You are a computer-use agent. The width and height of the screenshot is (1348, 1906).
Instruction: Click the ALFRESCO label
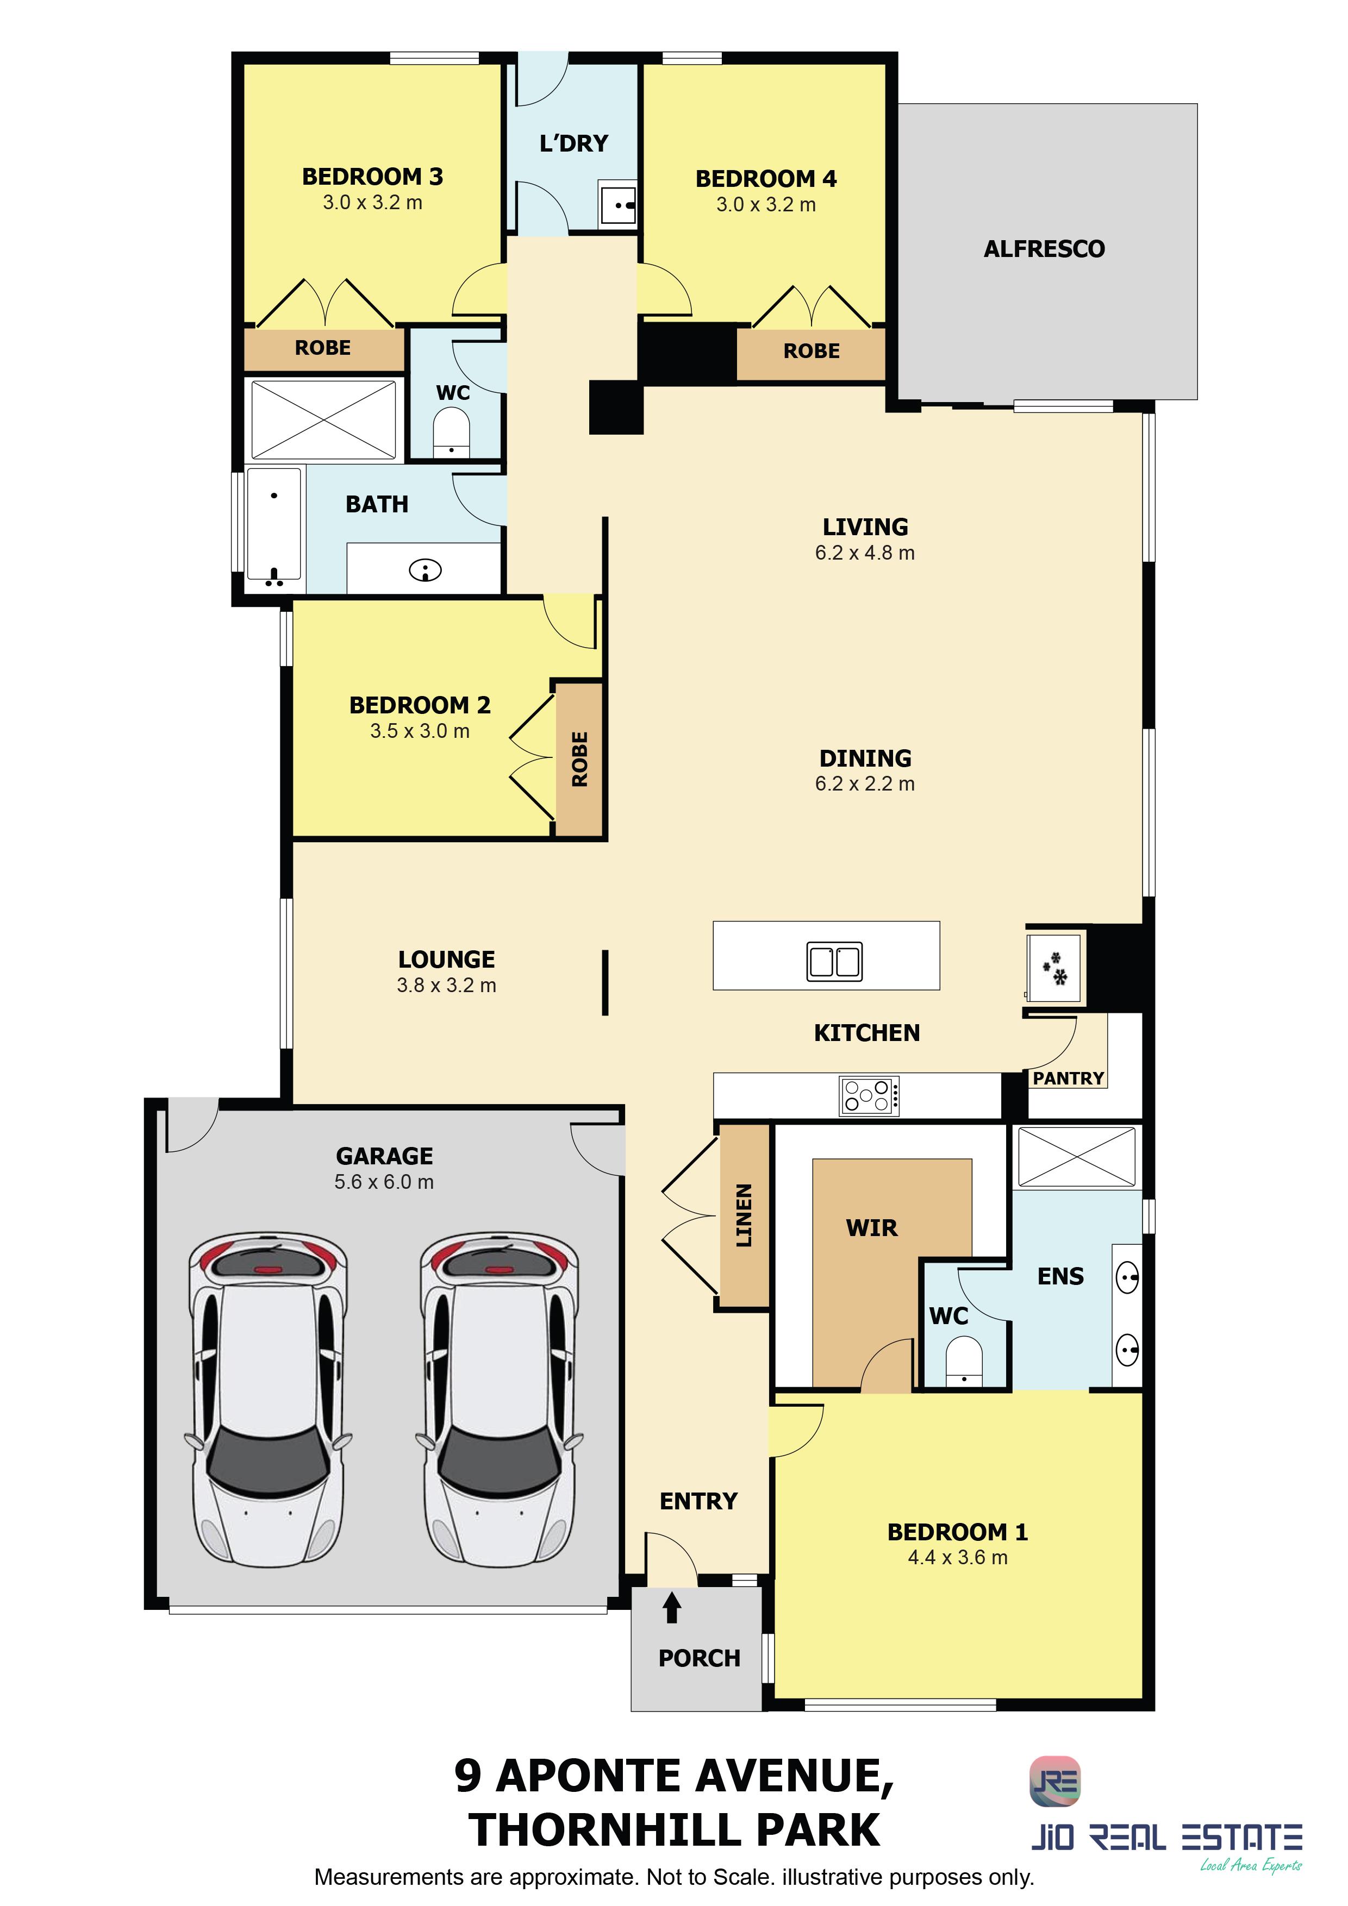(1044, 249)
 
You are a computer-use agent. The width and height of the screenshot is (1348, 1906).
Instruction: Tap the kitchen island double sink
(834, 961)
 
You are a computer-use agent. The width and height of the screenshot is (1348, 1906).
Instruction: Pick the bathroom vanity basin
(425, 570)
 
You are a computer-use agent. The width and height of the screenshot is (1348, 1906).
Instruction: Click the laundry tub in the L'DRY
(618, 203)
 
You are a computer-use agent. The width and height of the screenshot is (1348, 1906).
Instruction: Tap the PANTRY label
(1068, 1079)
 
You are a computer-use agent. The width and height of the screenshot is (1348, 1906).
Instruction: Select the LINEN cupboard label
(744, 1215)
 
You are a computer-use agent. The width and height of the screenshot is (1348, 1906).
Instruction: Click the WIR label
(872, 1228)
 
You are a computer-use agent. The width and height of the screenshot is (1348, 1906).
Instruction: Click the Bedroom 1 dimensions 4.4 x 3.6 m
(958, 1557)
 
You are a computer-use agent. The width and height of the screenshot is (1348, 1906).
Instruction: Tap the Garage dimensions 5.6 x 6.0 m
(384, 1182)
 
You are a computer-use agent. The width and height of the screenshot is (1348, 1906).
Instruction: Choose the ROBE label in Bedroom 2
(580, 758)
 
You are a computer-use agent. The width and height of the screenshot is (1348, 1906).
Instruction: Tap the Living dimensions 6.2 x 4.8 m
(865, 553)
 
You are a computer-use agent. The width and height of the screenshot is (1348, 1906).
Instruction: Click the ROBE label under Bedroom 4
(812, 351)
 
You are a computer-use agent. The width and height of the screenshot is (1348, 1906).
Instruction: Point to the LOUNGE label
(446, 960)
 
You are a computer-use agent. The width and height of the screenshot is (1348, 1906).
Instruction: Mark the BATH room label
(377, 505)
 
